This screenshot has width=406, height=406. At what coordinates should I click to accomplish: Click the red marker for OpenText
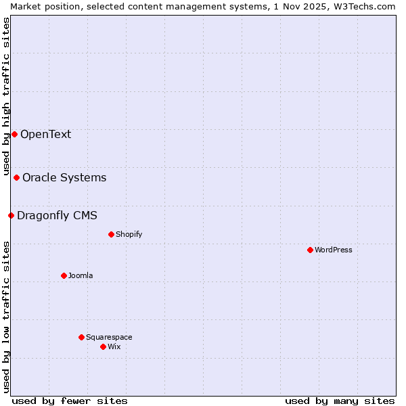point(14,134)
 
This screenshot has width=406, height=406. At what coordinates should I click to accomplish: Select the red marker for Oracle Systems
point(16,178)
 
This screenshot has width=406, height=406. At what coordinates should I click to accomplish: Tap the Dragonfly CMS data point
point(11,216)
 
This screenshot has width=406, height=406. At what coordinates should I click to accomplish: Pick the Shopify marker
point(111,235)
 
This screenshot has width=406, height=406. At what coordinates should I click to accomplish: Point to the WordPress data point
point(310,250)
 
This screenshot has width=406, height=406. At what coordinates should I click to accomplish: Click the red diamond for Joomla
point(64,276)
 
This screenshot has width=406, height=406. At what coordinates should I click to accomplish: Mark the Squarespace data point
point(81,337)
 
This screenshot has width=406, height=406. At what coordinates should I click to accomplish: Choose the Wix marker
point(103,347)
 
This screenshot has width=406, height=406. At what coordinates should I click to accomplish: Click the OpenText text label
point(45,134)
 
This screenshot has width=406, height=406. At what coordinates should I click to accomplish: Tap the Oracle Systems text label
point(64,178)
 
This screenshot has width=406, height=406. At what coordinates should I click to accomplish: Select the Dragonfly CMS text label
point(57,216)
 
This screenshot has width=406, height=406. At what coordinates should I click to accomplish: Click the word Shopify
point(129,235)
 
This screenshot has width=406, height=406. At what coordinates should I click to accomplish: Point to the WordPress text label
point(334,250)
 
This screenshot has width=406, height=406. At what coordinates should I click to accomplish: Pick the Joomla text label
point(81,276)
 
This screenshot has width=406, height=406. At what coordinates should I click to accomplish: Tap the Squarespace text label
point(109,337)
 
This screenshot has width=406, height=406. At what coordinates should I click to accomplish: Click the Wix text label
point(114,347)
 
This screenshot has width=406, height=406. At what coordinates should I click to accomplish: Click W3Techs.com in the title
point(367,6)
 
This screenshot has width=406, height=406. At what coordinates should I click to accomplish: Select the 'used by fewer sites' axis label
point(70,401)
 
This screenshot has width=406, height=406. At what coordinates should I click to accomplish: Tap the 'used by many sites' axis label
point(340,401)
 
